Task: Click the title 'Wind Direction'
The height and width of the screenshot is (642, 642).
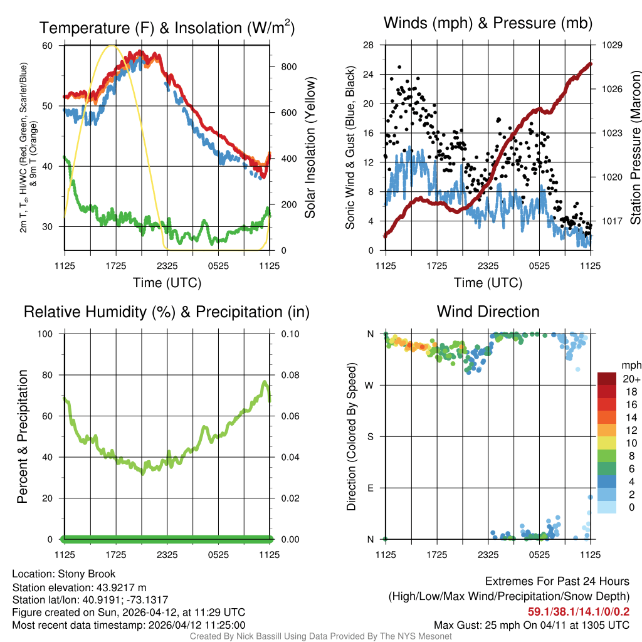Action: pyautogui.click(x=488, y=312)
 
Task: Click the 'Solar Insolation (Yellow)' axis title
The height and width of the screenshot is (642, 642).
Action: pyautogui.click(x=310, y=148)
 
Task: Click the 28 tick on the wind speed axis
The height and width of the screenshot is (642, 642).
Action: pyautogui.click(x=369, y=45)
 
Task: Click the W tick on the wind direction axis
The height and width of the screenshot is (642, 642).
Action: pyautogui.click(x=371, y=385)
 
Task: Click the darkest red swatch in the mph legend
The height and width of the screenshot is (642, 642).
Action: pyautogui.click(x=607, y=379)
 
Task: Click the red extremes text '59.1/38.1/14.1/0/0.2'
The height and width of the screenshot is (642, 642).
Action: pyautogui.click(x=578, y=611)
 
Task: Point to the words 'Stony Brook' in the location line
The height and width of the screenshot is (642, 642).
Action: pyautogui.click(x=87, y=574)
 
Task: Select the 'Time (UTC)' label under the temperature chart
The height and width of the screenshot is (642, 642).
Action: pyautogui.click(x=167, y=283)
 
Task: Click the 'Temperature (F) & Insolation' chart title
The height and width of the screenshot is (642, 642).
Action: pyautogui.click(x=167, y=28)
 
